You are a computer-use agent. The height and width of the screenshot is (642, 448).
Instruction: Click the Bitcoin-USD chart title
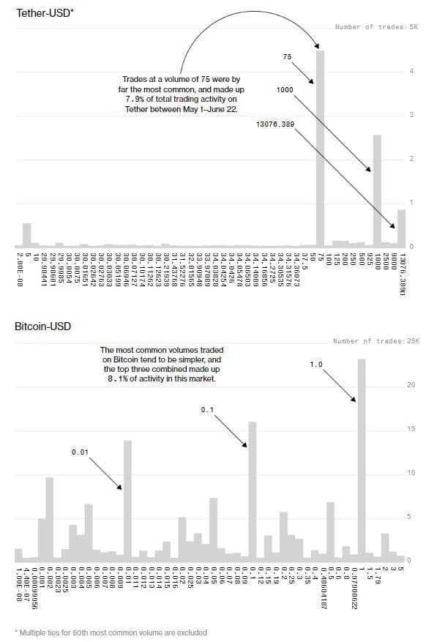43,326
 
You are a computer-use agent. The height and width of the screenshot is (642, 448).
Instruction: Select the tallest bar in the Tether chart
320,146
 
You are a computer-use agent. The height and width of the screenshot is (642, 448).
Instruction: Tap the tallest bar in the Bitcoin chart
361,454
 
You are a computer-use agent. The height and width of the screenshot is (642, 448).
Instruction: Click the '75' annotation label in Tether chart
287,56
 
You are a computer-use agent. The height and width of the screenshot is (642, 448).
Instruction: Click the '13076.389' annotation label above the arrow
275,124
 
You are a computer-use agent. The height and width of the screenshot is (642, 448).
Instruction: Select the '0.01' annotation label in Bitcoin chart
80,453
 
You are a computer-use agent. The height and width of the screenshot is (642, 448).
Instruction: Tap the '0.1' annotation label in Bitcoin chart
206,410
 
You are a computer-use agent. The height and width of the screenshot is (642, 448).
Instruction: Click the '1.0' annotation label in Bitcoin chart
316,364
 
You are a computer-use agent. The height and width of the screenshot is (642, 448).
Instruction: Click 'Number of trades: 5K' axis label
376,27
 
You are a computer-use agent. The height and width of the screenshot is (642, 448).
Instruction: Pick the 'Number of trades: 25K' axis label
375,340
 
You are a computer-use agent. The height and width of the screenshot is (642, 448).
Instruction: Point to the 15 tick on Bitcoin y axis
411,428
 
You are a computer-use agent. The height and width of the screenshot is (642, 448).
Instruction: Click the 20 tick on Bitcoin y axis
411,384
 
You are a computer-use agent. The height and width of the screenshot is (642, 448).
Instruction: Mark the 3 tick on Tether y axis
411,115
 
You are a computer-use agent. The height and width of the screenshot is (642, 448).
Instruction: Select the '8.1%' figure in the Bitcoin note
134,379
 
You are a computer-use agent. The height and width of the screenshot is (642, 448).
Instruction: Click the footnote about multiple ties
111,632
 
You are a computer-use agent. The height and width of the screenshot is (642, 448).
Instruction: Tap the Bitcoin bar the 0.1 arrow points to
253,490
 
